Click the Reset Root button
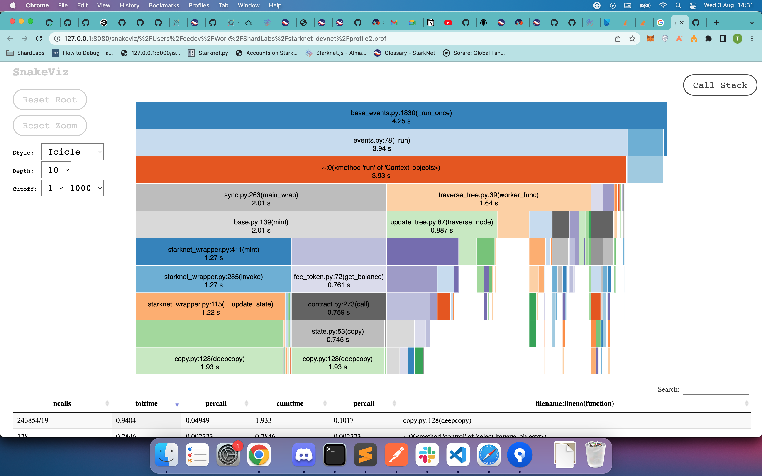50,100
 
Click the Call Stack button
720,85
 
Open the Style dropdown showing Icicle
72,152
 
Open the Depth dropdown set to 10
56,170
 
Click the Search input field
716,390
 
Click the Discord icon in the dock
303,455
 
